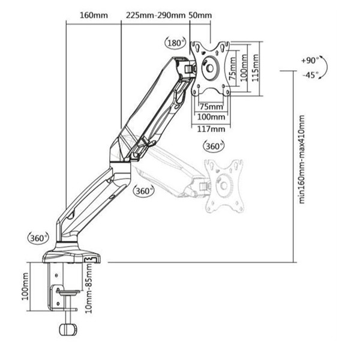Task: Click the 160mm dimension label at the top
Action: click(94, 16)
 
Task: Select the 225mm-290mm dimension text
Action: click(155, 16)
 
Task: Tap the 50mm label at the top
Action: click(200, 16)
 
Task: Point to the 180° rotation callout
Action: click(175, 43)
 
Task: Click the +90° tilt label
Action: click(310, 61)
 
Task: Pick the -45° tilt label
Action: click(311, 75)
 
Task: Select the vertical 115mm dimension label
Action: click(256, 68)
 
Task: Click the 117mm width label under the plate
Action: click(211, 129)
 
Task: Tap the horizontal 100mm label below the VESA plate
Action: click(211, 117)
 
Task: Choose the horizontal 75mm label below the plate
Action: click(211, 107)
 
